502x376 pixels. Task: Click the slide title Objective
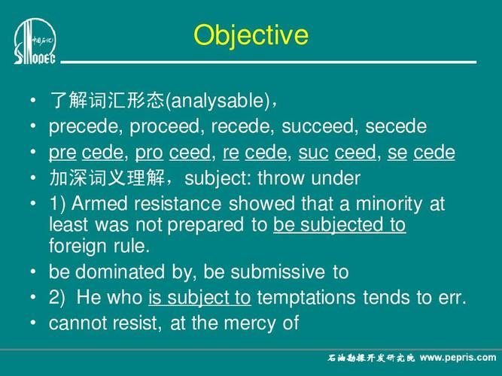point(251,35)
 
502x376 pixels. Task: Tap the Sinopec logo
point(35,41)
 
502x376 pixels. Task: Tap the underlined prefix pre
point(62,153)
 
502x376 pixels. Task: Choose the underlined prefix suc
point(313,153)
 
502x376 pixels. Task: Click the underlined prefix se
point(397,153)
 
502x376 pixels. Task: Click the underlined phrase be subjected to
point(339,225)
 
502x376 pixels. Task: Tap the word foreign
point(79,245)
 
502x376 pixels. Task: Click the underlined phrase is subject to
point(199,298)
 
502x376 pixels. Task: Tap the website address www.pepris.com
point(458,357)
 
